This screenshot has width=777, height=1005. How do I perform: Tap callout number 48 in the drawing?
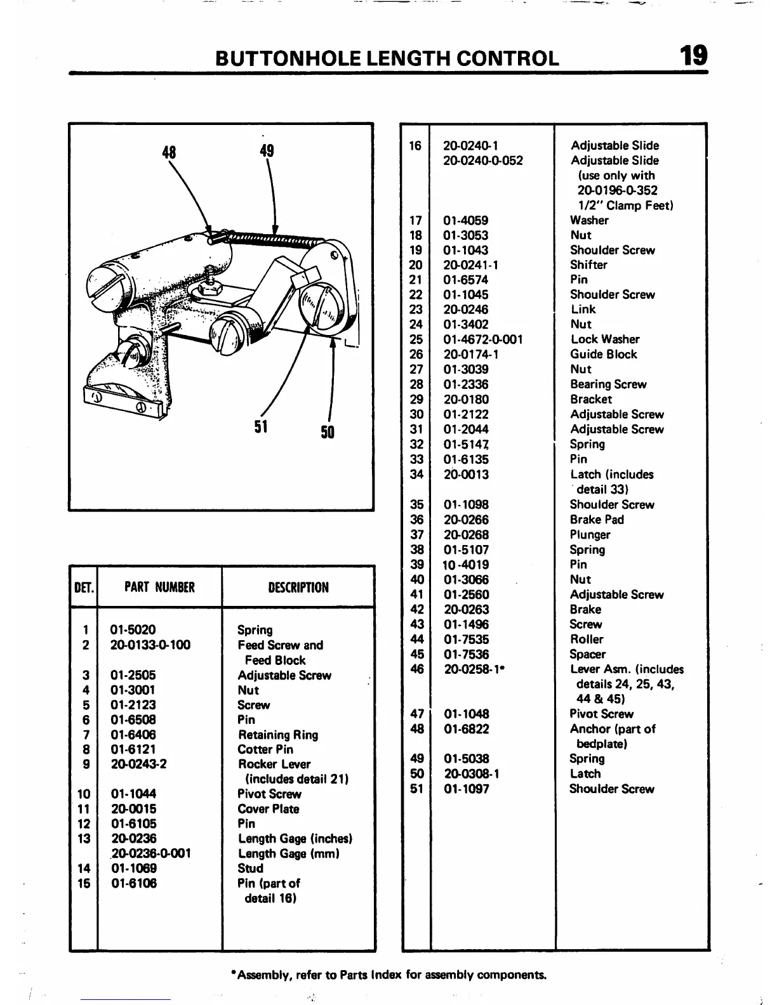click(x=169, y=152)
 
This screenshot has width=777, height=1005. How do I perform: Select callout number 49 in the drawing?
click(x=267, y=150)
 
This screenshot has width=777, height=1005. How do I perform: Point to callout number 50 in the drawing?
click(x=328, y=433)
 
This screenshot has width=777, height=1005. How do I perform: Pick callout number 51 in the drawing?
click(x=261, y=426)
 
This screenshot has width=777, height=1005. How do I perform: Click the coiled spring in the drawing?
click(x=273, y=239)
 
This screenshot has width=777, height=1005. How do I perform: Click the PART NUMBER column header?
click(x=159, y=588)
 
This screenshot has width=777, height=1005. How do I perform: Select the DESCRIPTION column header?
click(x=298, y=588)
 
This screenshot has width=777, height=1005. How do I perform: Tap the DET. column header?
click(x=84, y=588)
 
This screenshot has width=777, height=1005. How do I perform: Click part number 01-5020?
click(x=133, y=630)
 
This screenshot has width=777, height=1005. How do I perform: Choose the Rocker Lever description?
click(x=274, y=764)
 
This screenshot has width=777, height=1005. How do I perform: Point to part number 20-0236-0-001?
click(x=151, y=854)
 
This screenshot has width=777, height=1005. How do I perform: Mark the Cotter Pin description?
click(x=265, y=749)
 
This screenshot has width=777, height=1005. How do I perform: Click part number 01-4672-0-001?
click(x=482, y=339)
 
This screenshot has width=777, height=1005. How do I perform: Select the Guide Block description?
click(x=603, y=355)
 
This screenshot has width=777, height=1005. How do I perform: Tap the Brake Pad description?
click(x=597, y=520)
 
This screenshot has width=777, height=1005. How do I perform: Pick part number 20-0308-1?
click(x=471, y=774)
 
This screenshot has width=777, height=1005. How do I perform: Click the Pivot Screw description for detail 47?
click(x=601, y=714)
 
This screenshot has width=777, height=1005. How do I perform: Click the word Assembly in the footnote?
click(x=259, y=975)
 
